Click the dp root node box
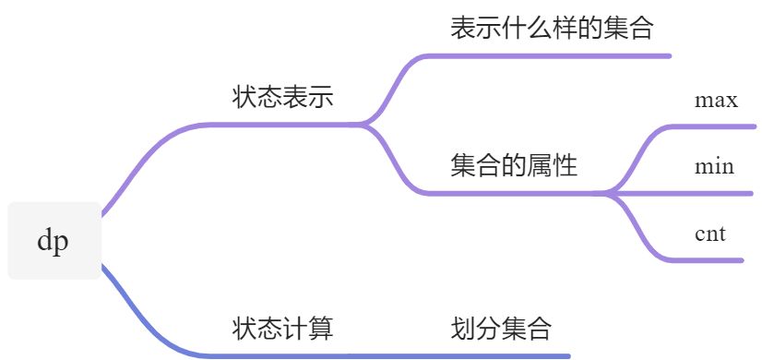click(54, 241)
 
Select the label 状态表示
click(282, 98)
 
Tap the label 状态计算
click(282, 328)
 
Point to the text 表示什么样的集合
click(552, 29)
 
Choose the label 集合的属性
click(514, 166)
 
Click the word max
click(716, 100)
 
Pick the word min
click(715, 166)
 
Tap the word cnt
click(710, 234)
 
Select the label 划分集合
click(502, 328)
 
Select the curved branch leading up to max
click(637, 152)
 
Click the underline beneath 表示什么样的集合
click(554, 56)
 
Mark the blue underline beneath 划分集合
click(503, 355)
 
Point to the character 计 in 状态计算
click(295, 328)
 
